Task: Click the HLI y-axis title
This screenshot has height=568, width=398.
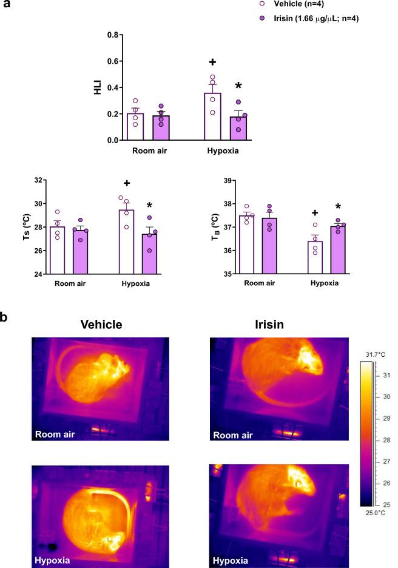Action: tap(94, 88)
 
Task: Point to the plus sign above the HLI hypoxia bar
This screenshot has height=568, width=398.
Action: tap(213, 62)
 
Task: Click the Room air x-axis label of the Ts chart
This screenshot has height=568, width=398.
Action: tap(72, 283)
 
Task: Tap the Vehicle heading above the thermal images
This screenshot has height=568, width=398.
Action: tap(101, 324)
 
